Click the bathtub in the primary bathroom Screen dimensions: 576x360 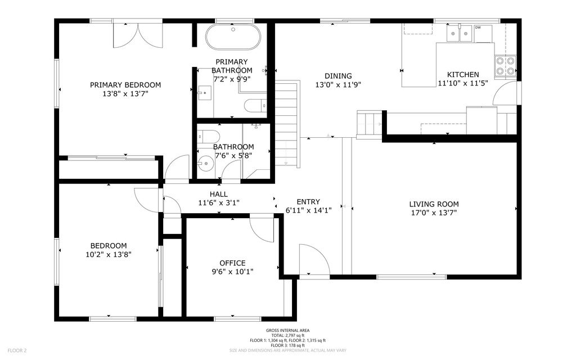coord(233,37)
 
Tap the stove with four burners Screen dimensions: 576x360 coord(506,66)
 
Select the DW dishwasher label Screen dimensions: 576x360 coord(478,28)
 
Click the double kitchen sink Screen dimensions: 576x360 coord(460,33)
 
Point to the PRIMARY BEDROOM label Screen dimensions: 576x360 coord(125,85)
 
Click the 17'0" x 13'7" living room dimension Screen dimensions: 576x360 coord(434,213)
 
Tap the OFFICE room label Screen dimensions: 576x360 coord(232,263)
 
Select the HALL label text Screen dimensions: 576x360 coord(219,194)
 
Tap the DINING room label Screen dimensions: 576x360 coord(338,76)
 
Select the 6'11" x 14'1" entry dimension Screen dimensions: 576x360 coord(309,210)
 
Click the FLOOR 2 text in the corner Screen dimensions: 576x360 coord(17,350)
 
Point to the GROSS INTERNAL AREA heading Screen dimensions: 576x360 coord(287,331)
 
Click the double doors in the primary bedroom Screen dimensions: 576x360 coord(138,35)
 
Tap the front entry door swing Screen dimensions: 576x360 coord(314,259)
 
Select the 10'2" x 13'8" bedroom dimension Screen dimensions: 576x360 coord(109,254)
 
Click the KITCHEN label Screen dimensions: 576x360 coord(463,75)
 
